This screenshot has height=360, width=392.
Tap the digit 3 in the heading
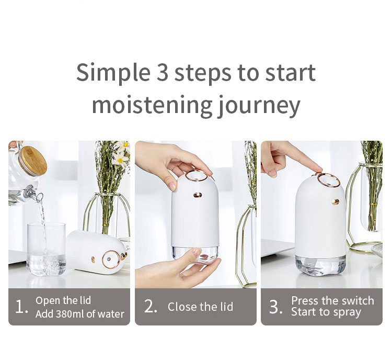pos(162,72)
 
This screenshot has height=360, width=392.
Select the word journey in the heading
pos(259,106)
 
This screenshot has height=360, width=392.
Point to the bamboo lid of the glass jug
pos(33,160)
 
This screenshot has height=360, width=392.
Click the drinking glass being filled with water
pos(46,249)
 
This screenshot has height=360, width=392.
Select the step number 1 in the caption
pos(21,307)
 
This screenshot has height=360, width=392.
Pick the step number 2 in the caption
pos(151,307)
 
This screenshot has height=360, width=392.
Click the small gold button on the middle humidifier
pos(198,195)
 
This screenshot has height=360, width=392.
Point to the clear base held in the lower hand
pos(195,255)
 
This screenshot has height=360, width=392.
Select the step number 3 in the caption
pos(275,307)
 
